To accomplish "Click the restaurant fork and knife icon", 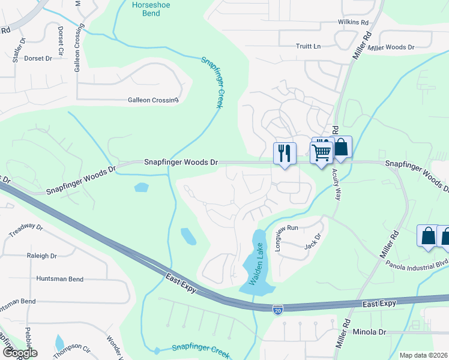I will tap(285, 152).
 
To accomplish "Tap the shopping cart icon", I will tap(322, 152).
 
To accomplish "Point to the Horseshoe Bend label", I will tap(146, 9).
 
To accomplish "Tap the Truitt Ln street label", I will tap(309, 46).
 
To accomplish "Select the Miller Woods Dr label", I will tap(391, 47).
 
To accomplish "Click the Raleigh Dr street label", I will tap(42, 256).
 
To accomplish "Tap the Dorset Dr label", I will tap(38, 58).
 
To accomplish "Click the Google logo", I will tap(19, 353).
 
